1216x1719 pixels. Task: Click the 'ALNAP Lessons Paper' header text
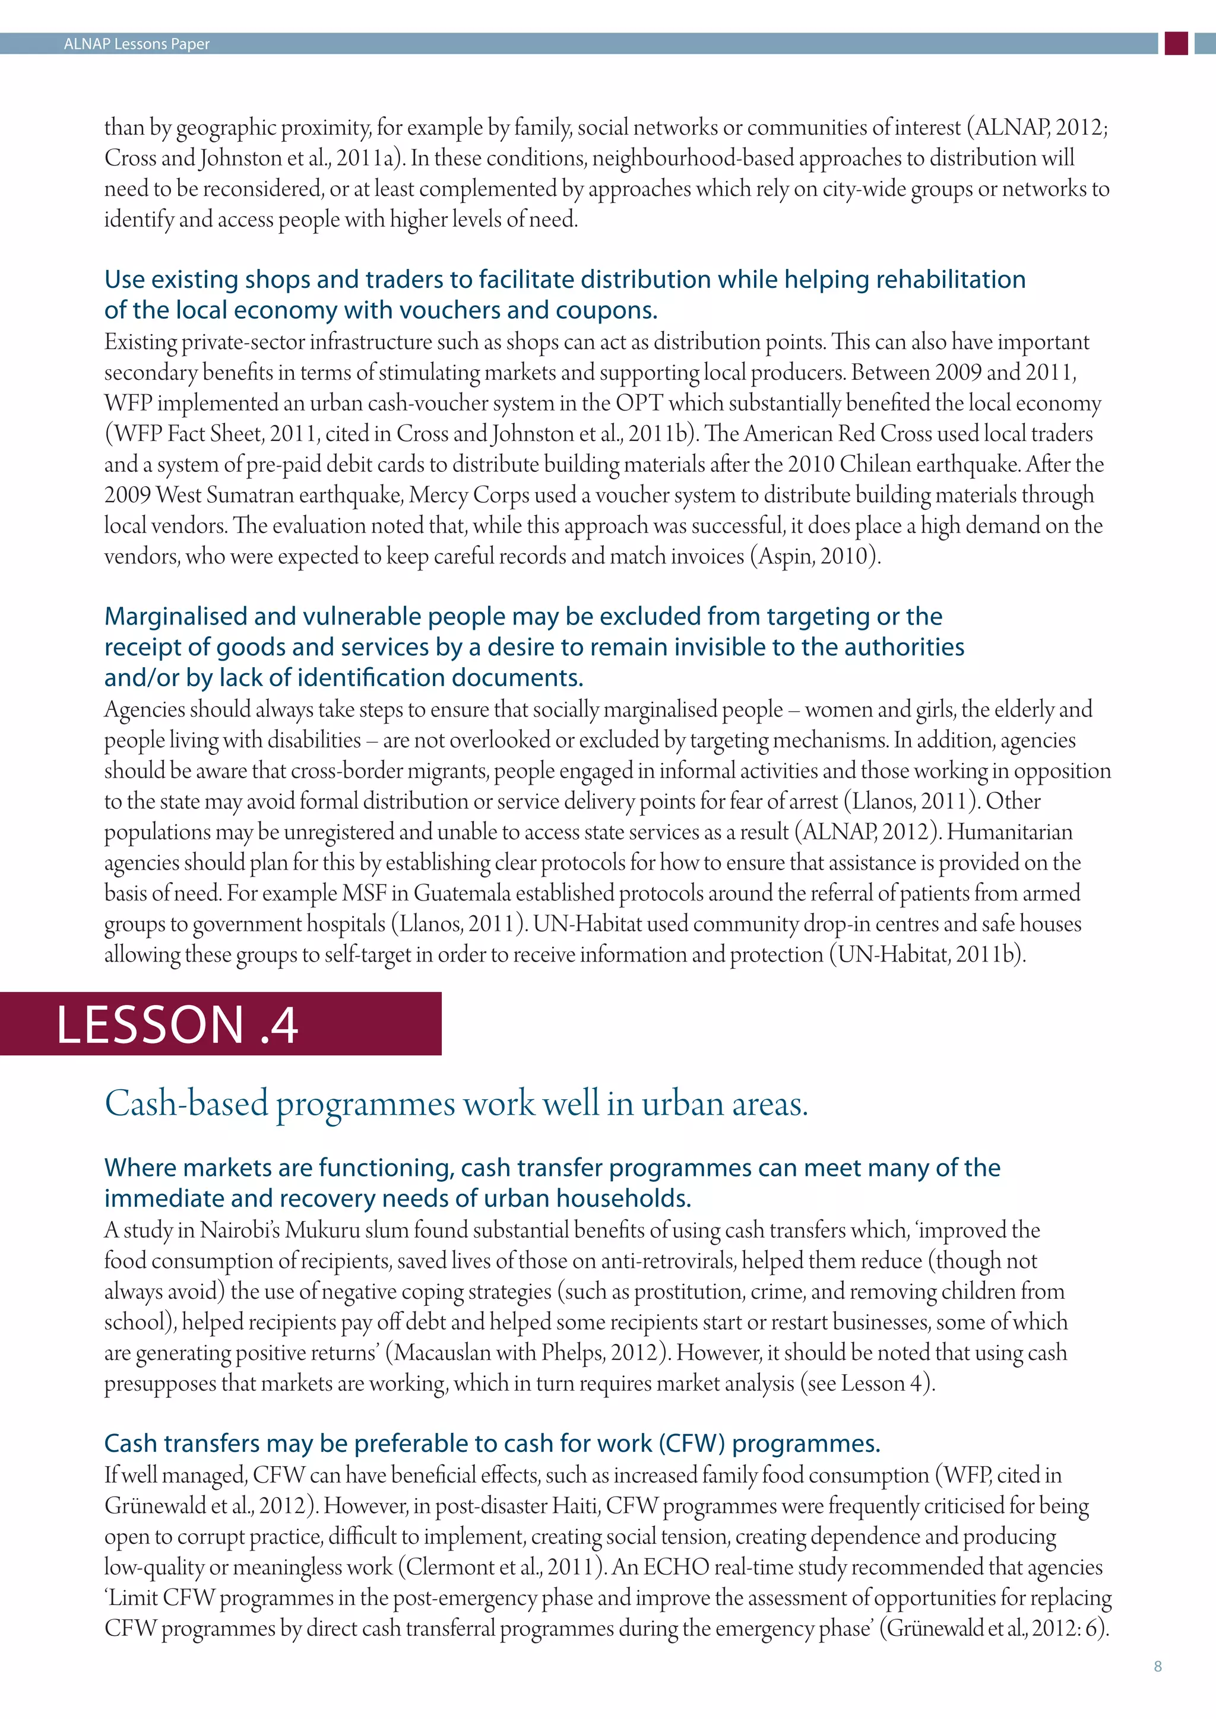[x=137, y=44]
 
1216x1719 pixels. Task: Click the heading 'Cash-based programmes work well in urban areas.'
[x=456, y=1104]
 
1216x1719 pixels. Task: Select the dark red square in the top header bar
[x=1176, y=43]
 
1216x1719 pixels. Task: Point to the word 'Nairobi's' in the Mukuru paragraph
[x=240, y=1230]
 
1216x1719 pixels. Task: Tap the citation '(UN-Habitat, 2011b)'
[x=926, y=954]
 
